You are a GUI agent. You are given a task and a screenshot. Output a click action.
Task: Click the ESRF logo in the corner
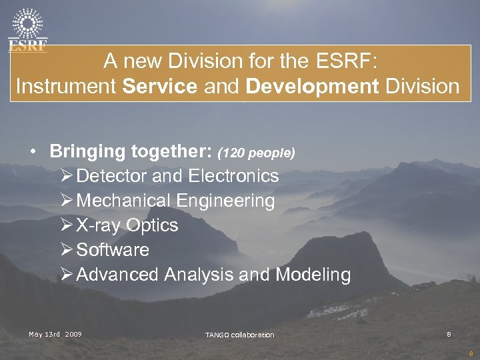pyautogui.click(x=27, y=29)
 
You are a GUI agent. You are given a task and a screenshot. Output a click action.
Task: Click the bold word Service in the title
pyautogui.click(x=160, y=87)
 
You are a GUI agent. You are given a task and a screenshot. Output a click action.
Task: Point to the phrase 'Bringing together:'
pyautogui.click(x=131, y=151)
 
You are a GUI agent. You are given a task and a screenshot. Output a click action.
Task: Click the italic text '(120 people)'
pyautogui.click(x=256, y=153)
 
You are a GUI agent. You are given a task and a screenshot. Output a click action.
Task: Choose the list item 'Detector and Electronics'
pyautogui.click(x=177, y=176)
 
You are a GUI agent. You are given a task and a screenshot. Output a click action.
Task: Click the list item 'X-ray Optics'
pyautogui.click(x=127, y=225)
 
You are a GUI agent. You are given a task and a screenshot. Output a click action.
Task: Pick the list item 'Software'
pyautogui.click(x=113, y=250)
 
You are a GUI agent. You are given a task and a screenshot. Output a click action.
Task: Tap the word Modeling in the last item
pyautogui.click(x=313, y=275)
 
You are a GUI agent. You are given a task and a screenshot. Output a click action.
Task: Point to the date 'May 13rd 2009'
pyautogui.click(x=55, y=333)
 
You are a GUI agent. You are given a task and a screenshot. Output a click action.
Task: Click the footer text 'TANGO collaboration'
pyautogui.click(x=239, y=335)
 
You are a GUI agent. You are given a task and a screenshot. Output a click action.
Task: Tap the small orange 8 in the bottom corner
pyautogui.click(x=471, y=354)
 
